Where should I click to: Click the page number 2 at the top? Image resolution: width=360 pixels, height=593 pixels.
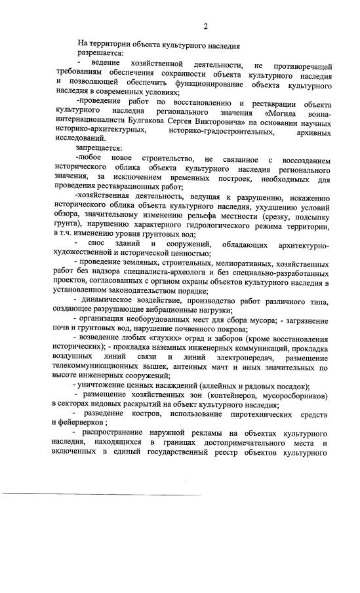205,26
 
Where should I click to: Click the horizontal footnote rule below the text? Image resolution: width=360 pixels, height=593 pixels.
102,493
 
